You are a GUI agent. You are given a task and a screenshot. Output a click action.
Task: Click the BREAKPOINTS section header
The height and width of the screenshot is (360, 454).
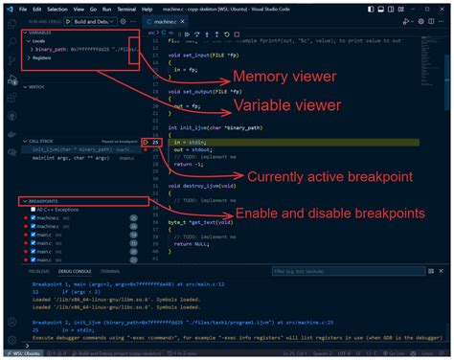click(x=47, y=202)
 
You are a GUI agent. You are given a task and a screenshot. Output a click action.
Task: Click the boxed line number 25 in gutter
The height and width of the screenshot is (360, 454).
click(x=156, y=142)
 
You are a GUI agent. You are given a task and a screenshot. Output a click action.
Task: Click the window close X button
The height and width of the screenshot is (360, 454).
click(x=442, y=7)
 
